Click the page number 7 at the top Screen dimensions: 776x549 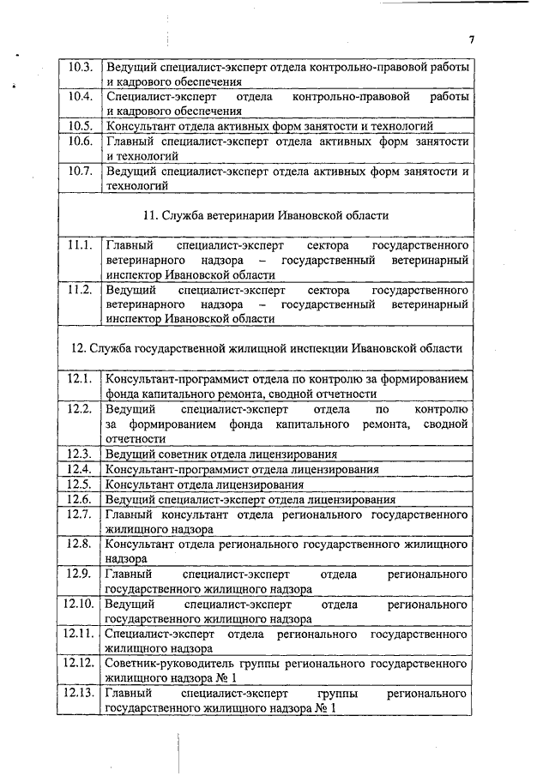471,39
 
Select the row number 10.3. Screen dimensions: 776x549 80,67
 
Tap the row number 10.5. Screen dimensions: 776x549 80,126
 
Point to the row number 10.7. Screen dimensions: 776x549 80,170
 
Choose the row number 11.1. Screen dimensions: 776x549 80,245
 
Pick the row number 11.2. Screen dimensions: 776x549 80,289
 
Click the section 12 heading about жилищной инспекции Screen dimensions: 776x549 266,348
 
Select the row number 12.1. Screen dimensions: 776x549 80,378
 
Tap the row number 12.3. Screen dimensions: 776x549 80,453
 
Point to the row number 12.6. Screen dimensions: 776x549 80,499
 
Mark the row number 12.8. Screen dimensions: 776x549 80,543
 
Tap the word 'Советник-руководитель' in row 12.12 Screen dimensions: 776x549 168,663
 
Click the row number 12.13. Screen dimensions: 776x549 79,692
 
